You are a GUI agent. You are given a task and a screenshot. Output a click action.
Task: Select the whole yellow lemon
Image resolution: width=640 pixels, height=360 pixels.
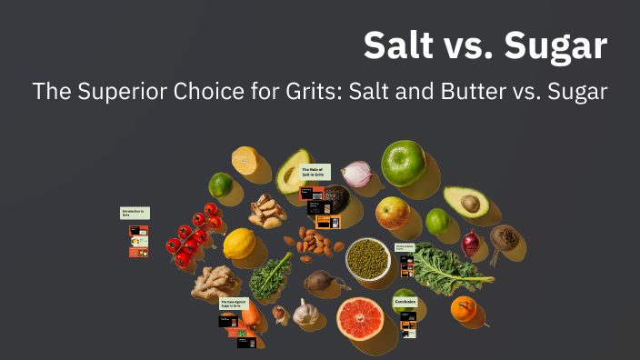click(240, 244)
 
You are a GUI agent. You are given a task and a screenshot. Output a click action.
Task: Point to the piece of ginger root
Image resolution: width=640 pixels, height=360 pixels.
click(215, 283)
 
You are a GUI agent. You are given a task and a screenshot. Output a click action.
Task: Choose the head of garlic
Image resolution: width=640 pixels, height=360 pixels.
click(305, 313)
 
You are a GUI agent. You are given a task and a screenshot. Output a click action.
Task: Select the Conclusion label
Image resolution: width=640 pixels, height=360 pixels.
click(405, 302)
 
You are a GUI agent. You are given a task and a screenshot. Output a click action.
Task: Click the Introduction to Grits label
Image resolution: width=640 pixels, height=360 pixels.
click(134, 213)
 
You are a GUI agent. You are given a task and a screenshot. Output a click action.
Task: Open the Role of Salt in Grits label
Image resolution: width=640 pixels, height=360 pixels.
click(315, 172)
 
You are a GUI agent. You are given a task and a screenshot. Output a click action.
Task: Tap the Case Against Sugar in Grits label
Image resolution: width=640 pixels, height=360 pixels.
click(234, 305)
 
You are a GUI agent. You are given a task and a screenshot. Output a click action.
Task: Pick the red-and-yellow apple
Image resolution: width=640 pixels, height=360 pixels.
click(393, 214)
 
